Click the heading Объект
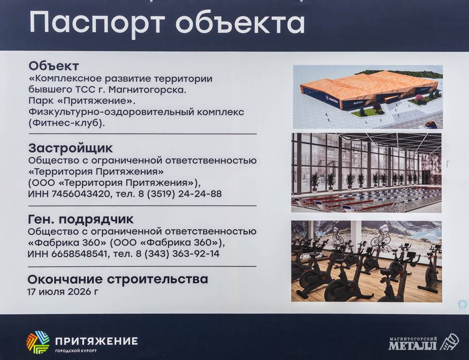53,65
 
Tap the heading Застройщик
71,148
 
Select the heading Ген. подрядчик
81,219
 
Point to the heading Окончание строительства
118,279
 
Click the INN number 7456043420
81,194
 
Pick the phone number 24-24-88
200,194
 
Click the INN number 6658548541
79,254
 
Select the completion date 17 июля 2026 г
62,291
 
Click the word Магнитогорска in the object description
147,90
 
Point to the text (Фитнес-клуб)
67,123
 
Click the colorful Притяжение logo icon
38,342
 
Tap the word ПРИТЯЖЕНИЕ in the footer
96,341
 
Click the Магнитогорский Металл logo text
413,344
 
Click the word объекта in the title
240,22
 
